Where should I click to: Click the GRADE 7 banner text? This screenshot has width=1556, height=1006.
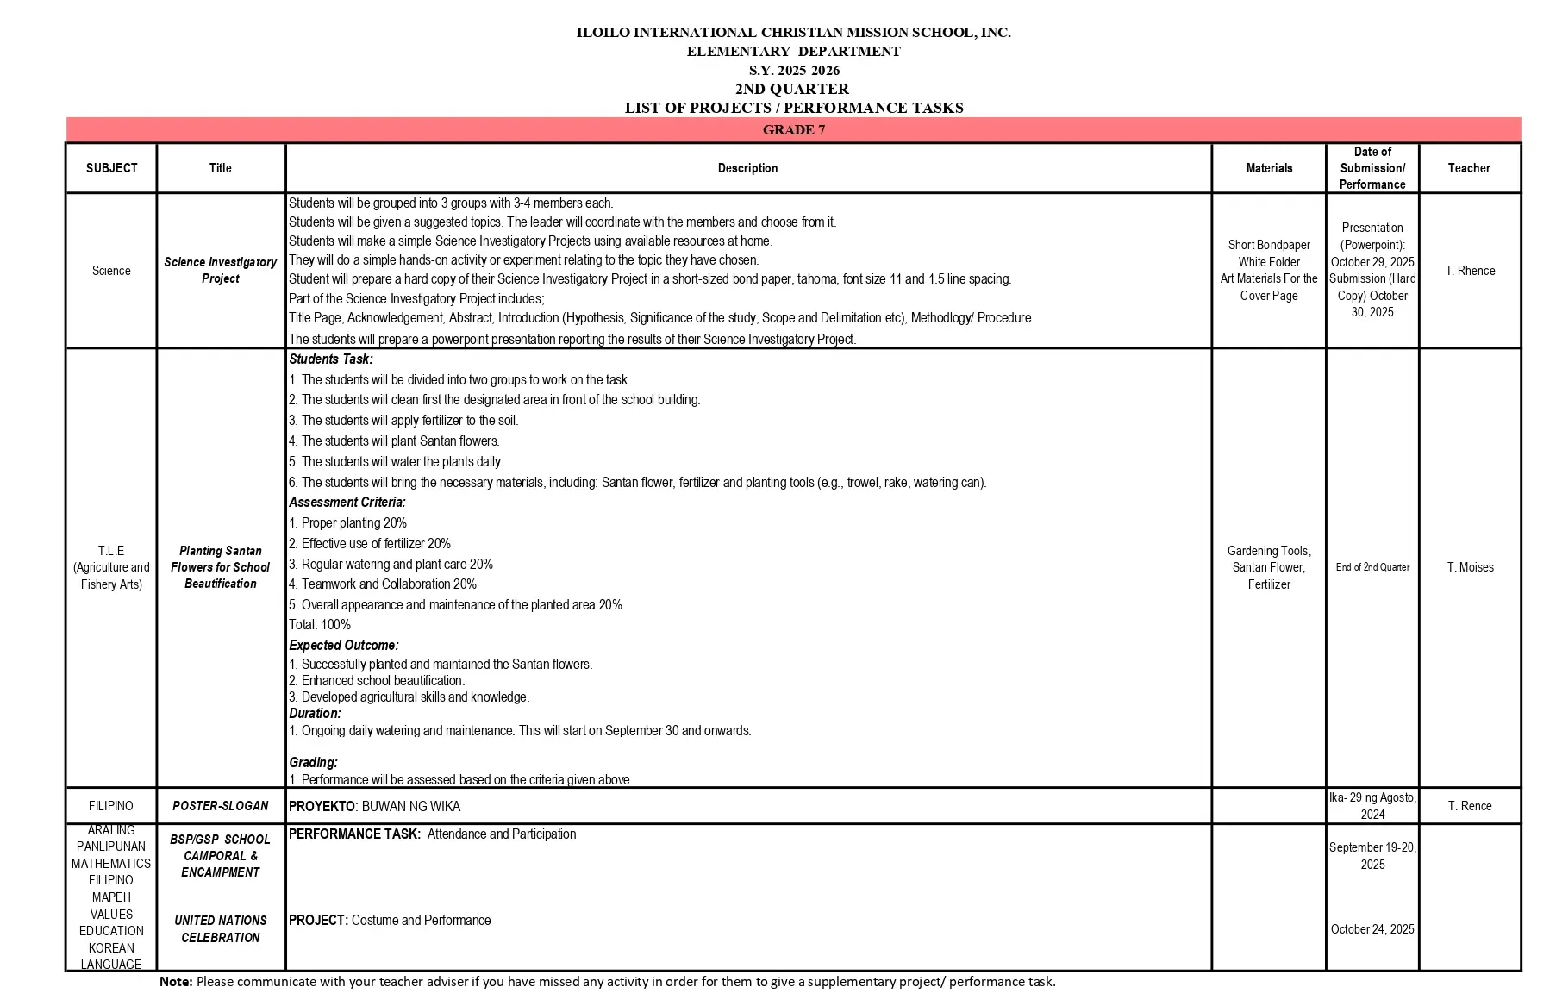pos(793,130)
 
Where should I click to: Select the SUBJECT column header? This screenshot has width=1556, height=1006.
pos(111,168)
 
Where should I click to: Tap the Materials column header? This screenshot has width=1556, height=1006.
pos(1269,168)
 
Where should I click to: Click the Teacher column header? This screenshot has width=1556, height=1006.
pos(1469,168)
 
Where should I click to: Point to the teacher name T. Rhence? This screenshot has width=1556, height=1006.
pos(1470,271)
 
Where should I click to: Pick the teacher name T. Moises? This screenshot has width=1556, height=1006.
pos(1470,567)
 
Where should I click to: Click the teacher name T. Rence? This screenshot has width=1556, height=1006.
pos(1470,806)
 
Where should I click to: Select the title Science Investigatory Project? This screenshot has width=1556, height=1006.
pos(221,270)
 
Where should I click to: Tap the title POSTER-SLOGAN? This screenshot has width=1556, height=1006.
pos(221,806)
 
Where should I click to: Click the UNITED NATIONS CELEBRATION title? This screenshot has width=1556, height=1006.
pos(221,929)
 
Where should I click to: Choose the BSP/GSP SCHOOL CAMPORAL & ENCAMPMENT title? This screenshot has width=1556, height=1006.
pos(221,855)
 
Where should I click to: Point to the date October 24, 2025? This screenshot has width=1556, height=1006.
pos(1372,929)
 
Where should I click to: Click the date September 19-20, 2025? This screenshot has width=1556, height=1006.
pos(1372,855)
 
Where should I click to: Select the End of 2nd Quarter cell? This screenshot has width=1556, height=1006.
pos(1372,567)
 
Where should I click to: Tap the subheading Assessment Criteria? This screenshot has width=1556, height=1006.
pos(347,503)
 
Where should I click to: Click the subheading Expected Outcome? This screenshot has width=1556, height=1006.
pos(344,645)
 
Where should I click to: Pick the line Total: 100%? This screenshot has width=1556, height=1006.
pos(320,625)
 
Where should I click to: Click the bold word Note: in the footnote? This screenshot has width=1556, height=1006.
pos(176,981)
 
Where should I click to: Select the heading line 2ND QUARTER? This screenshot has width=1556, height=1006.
pos(791,89)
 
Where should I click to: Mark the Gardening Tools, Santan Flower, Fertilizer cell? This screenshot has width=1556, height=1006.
pos(1269,567)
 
